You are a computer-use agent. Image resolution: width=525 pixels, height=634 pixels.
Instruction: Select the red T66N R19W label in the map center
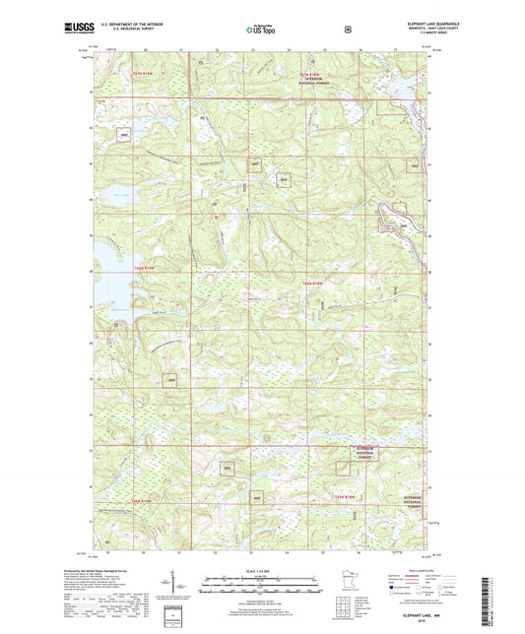[x=312, y=284]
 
